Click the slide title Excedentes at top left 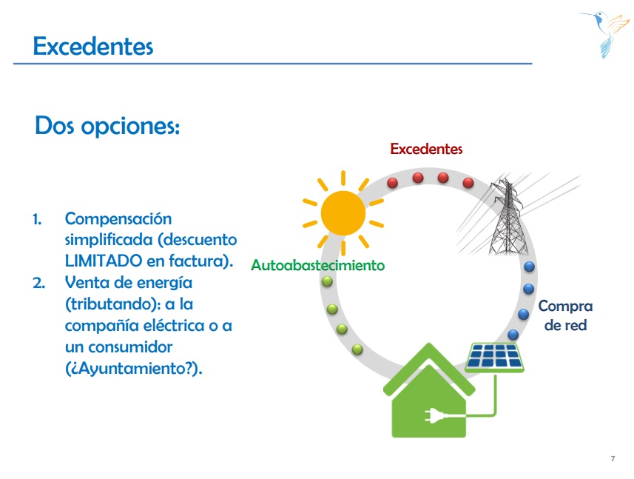tap(93, 46)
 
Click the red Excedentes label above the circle tap(426, 149)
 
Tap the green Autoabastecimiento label tap(318, 265)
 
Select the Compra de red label tap(565, 315)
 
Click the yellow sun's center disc tap(343, 213)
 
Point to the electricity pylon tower tap(507, 216)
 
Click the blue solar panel tap(494, 357)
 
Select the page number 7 tap(613, 459)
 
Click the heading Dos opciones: tap(107, 126)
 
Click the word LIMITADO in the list tap(104, 261)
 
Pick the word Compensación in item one tap(118, 219)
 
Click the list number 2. tap(38, 283)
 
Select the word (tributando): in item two tap(112, 304)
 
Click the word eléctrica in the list tap(174, 325)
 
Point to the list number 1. tap(37, 220)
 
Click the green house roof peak tap(429, 344)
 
